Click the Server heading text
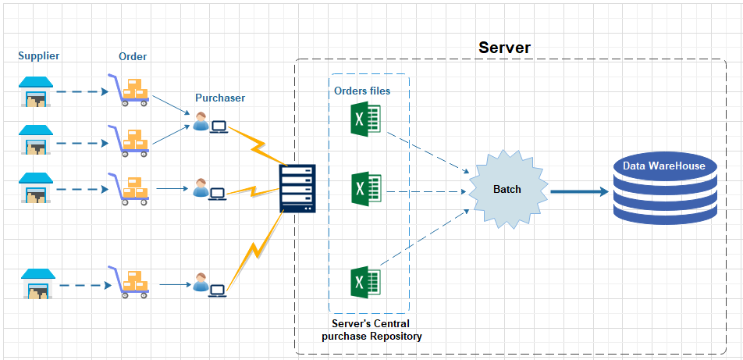(x=504, y=48)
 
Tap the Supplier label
(x=39, y=55)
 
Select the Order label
(x=133, y=56)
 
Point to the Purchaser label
(x=220, y=98)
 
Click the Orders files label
(x=362, y=91)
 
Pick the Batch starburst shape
(x=507, y=190)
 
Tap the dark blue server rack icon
(x=297, y=188)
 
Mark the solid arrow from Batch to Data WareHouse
(x=579, y=191)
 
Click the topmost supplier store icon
(x=35, y=91)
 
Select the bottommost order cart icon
(x=128, y=283)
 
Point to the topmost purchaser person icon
(x=201, y=122)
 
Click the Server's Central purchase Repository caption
(x=371, y=330)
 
